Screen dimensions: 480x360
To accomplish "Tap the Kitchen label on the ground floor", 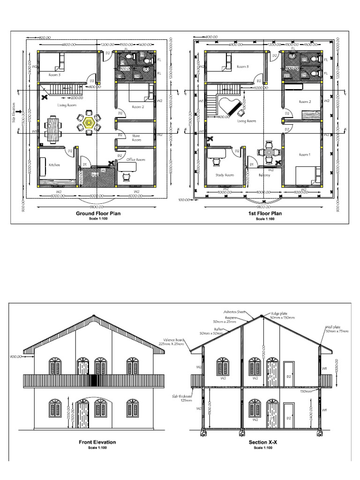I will (x=54, y=165).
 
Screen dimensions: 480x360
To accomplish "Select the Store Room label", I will (x=136, y=137).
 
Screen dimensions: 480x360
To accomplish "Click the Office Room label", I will (x=136, y=160).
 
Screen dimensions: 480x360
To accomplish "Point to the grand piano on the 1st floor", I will (x=230, y=107).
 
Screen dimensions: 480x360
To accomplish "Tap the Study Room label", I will (x=224, y=175).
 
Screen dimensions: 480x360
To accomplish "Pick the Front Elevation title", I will (x=97, y=442).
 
